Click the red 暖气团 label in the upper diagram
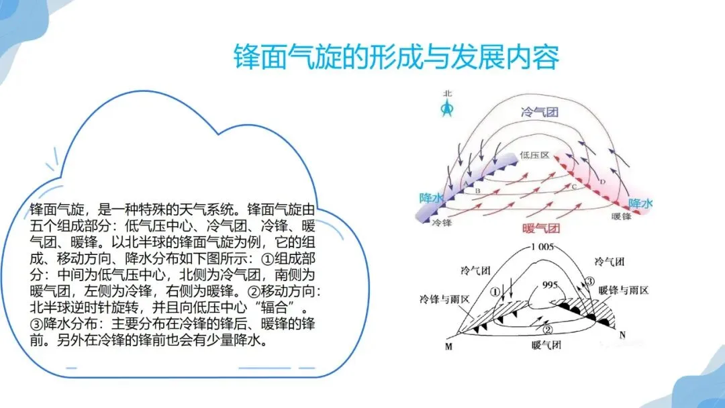coord(540,227)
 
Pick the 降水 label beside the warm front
coord(640,203)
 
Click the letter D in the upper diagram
coord(603,182)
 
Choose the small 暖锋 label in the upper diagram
coord(621,217)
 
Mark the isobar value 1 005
coord(541,246)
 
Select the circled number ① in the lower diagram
coord(495,292)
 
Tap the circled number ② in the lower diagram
coord(547,329)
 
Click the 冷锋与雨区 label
coord(446,298)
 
